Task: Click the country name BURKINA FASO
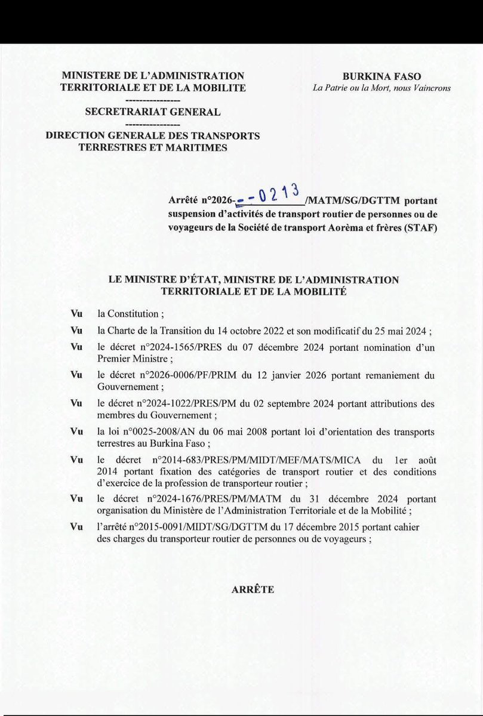point(382,76)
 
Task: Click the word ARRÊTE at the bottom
point(253,590)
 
